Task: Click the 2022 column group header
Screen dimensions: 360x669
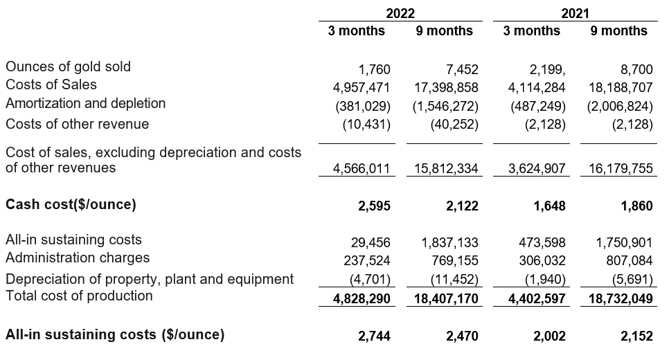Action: pyautogui.click(x=400, y=12)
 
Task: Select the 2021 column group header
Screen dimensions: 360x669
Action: pyautogui.click(x=576, y=12)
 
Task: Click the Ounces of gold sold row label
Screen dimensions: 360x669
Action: pyautogui.click(x=68, y=66)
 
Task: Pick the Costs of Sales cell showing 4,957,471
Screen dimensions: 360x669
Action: pyautogui.click(x=362, y=87)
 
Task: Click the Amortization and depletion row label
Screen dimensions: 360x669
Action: pyautogui.click(x=85, y=103)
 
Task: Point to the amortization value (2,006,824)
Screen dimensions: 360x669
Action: pyautogui.click(x=619, y=107)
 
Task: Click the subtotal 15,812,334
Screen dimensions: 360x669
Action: pyautogui.click(x=443, y=169)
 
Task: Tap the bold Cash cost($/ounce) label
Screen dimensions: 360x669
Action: pyautogui.click(x=71, y=204)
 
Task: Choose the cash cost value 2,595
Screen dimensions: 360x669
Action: pyautogui.click(x=375, y=206)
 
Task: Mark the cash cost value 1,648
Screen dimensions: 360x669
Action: pyautogui.click(x=551, y=206)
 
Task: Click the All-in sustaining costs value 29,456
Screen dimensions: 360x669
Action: pyautogui.click(x=371, y=242)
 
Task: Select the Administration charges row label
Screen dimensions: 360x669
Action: pyautogui.click(x=77, y=258)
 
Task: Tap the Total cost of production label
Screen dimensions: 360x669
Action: pyautogui.click(x=79, y=296)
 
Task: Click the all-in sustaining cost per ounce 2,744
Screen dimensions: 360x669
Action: pyautogui.click(x=375, y=336)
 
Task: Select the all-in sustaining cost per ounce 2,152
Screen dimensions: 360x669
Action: pyautogui.click(x=637, y=336)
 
